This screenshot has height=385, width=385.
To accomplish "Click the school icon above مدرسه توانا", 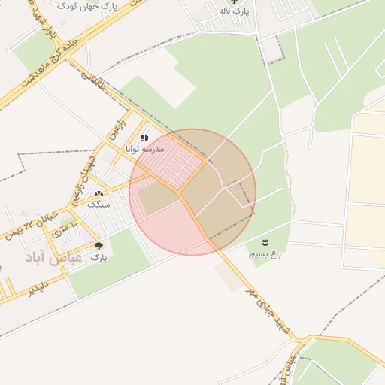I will coord(144,138).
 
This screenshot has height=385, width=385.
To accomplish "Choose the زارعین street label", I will coord(121,125).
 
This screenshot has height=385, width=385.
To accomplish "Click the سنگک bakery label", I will coord(98,205).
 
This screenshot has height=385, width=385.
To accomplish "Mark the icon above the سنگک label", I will coord(98,194).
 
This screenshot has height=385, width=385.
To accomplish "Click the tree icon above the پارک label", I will coord(99,246).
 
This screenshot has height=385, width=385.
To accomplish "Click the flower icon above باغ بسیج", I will coord(265,241).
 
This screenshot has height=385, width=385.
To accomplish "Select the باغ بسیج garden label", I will coord(265,254).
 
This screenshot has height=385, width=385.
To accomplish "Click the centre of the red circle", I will coord(192,192).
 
